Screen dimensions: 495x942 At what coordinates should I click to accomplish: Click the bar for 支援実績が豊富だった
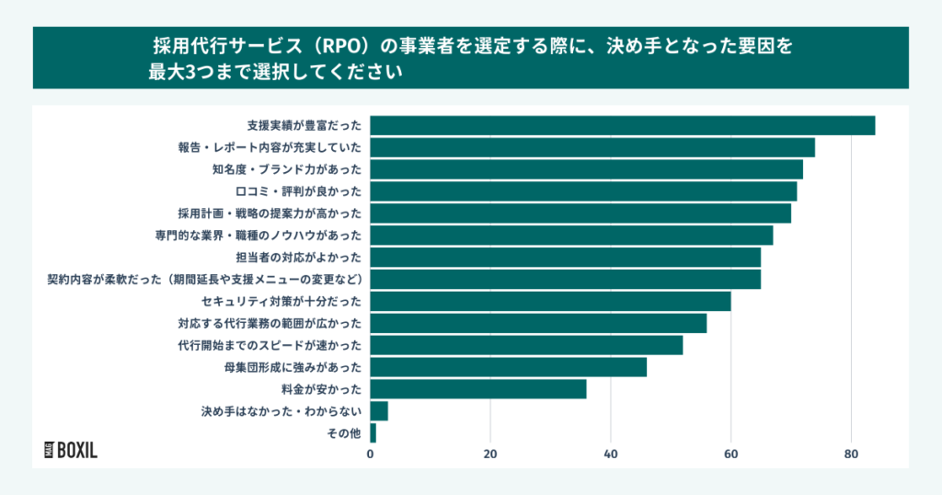pos(622,125)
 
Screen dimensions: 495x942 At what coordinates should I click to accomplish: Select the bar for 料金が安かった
pos(478,389)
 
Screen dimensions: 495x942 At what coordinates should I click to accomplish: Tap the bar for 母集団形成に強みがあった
pos(508,367)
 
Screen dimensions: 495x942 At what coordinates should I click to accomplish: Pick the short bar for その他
pos(373,433)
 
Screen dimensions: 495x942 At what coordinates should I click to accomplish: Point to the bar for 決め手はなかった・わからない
pos(379,411)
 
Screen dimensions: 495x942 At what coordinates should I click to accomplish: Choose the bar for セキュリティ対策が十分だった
pos(550,301)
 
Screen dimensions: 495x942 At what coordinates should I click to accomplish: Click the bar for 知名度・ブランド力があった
pos(586,169)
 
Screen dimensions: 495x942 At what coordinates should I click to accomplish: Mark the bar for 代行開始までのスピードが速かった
pos(526,345)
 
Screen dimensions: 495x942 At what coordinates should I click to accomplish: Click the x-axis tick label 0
pos(371,454)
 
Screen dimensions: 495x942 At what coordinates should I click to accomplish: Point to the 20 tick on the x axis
pos(490,454)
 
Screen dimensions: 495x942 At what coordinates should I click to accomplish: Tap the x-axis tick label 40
pos(610,454)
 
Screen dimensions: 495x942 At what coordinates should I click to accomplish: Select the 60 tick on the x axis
pos(730,454)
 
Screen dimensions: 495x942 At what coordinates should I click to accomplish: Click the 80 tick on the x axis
pos(851,454)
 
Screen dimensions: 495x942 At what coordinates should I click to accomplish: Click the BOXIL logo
pos(71,450)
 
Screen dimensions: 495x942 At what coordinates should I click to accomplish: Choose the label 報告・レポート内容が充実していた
pos(270,147)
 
